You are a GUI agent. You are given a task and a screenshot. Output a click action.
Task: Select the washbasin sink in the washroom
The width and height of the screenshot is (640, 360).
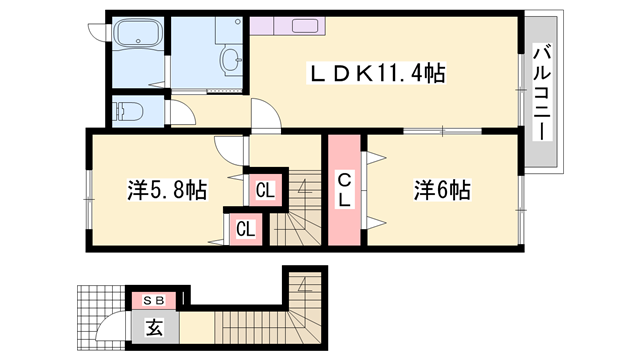pyautogui.click(x=229, y=60)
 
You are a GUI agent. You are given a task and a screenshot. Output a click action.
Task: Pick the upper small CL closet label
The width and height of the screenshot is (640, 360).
pyautogui.click(x=265, y=189)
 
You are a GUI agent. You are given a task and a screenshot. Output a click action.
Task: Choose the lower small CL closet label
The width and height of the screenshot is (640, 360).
pyautogui.click(x=245, y=229)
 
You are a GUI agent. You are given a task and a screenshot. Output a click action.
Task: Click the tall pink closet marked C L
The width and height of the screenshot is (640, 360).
pyautogui.click(x=343, y=190)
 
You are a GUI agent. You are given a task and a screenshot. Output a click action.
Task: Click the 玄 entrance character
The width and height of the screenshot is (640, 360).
pyautogui.click(x=155, y=326)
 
